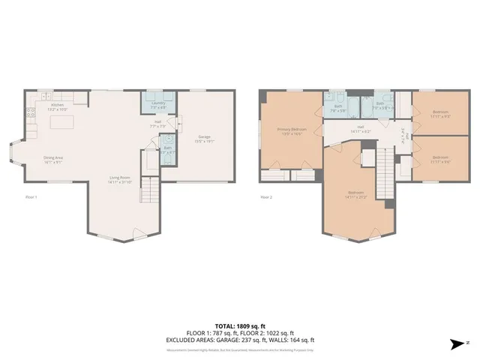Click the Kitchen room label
click(x=58, y=106)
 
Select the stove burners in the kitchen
click(x=31, y=114)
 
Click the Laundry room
click(x=158, y=105)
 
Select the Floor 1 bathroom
click(x=168, y=148)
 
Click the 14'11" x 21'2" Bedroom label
click(x=356, y=194)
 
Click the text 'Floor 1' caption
click(x=31, y=197)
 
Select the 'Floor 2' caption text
click(x=266, y=197)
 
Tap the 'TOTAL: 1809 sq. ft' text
click(x=239, y=326)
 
